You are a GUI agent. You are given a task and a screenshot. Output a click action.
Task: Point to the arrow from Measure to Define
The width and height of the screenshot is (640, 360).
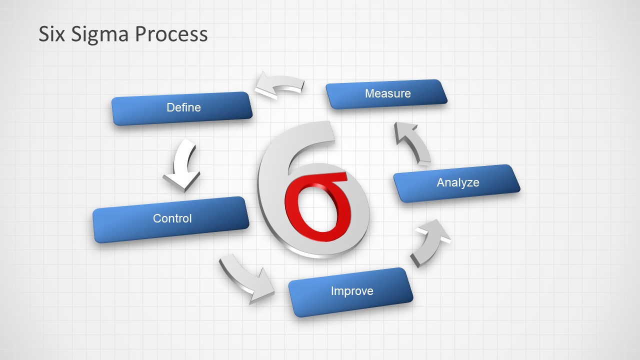(x=279, y=86)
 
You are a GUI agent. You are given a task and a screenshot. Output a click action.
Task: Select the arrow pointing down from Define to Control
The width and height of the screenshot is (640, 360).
(x=182, y=165)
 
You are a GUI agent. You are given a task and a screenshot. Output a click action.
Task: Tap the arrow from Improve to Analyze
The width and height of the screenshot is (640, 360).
(x=430, y=242)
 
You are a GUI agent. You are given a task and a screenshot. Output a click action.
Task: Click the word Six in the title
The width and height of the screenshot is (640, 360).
(x=52, y=34)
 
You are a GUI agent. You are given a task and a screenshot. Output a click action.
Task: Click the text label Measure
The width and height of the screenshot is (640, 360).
(x=387, y=93)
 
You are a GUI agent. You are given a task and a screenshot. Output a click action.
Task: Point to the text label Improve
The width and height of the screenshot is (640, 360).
(x=352, y=291)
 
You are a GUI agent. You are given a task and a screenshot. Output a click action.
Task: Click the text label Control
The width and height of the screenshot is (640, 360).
(x=172, y=218)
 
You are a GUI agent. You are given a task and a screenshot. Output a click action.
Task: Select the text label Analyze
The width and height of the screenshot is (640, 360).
(x=457, y=182)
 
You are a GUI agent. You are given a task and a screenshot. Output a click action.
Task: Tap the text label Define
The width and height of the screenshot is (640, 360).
(x=183, y=107)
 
